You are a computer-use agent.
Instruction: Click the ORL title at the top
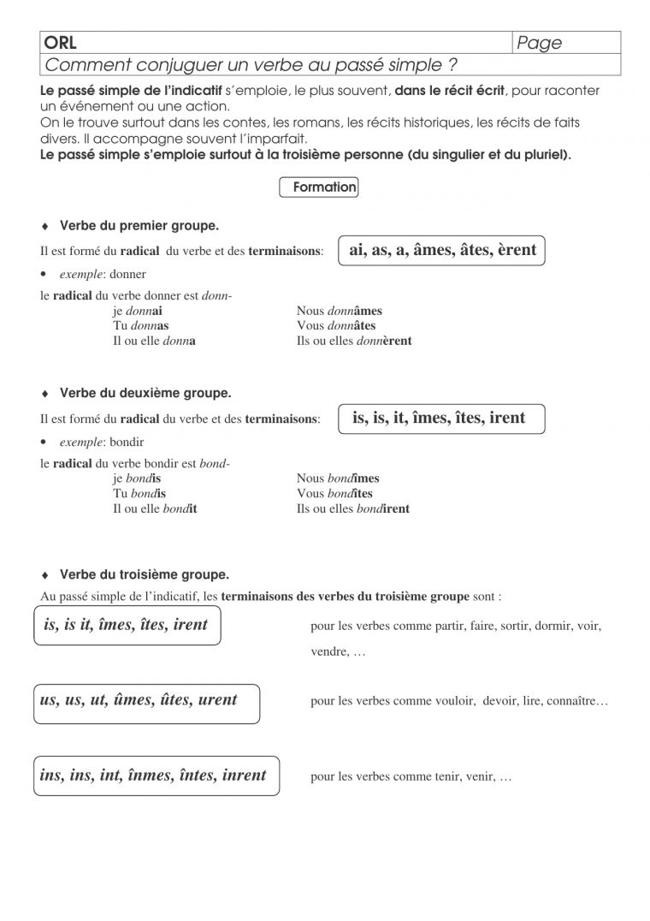(61, 43)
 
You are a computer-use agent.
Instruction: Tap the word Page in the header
(540, 43)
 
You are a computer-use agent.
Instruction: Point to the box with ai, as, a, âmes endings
(443, 250)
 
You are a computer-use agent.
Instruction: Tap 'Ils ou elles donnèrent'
(354, 341)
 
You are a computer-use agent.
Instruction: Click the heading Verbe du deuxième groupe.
(145, 394)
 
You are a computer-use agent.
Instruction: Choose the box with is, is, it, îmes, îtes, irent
(439, 419)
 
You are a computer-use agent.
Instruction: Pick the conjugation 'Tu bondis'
(139, 494)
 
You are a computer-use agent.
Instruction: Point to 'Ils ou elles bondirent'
(353, 508)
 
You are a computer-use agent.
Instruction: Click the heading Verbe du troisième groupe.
(144, 574)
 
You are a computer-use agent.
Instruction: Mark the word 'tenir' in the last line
(446, 777)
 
